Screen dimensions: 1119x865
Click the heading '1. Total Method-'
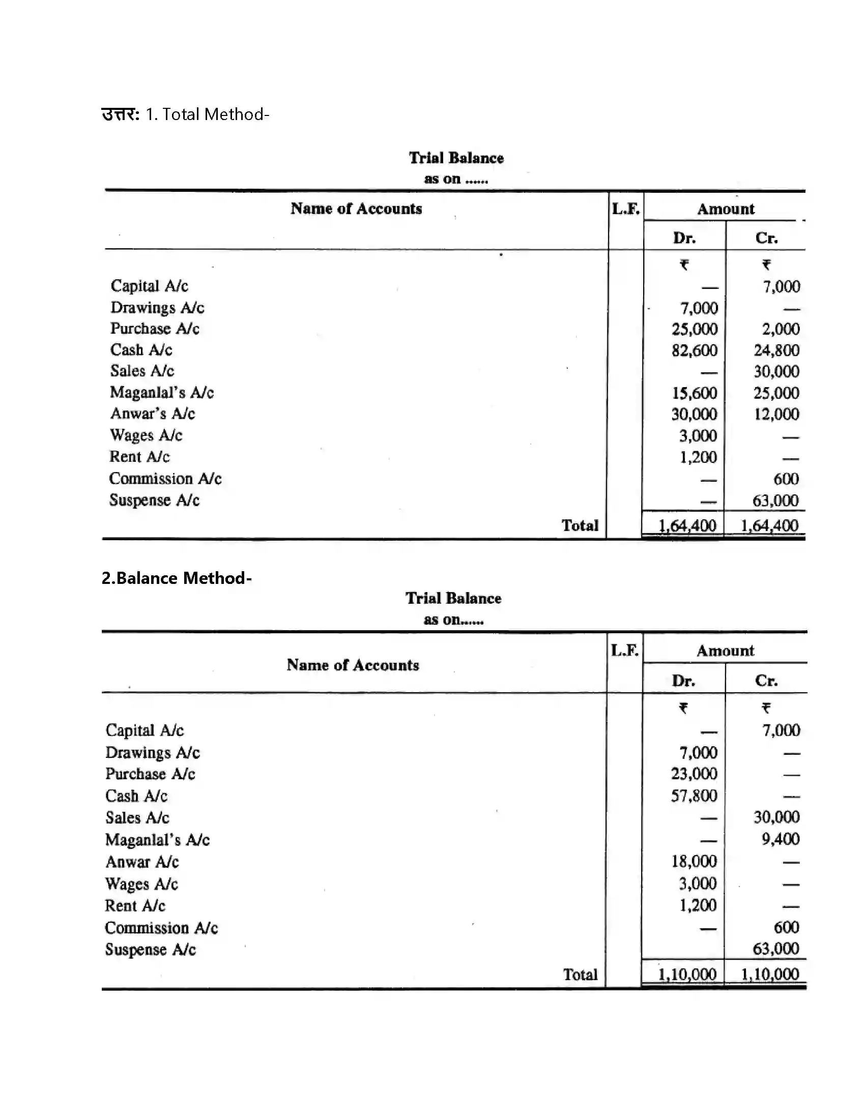(x=207, y=114)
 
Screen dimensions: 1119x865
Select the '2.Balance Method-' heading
(x=176, y=578)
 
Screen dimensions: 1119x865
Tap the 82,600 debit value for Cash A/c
(x=695, y=350)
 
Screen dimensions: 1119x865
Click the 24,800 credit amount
(x=776, y=350)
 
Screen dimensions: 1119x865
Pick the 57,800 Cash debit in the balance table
(x=694, y=796)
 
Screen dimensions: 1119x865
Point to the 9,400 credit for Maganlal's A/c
(x=780, y=839)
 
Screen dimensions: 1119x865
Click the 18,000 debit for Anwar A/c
(x=694, y=861)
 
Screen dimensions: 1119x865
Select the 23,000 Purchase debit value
(x=694, y=774)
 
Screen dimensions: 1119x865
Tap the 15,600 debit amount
(x=695, y=393)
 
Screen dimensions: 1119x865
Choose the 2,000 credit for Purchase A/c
(x=781, y=329)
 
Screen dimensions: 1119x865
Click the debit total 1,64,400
(x=687, y=526)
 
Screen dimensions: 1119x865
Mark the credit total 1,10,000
(x=770, y=974)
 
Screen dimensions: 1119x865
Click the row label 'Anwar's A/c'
(x=153, y=414)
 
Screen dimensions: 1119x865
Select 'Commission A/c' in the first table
(x=165, y=479)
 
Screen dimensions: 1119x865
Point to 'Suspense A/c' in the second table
(x=150, y=950)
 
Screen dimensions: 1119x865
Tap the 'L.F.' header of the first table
(x=626, y=209)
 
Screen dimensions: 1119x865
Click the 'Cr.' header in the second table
(x=766, y=681)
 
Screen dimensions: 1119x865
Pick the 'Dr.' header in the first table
(x=684, y=238)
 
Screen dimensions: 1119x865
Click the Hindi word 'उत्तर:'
(x=121, y=114)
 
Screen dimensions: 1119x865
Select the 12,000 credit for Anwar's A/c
(x=776, y=414)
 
